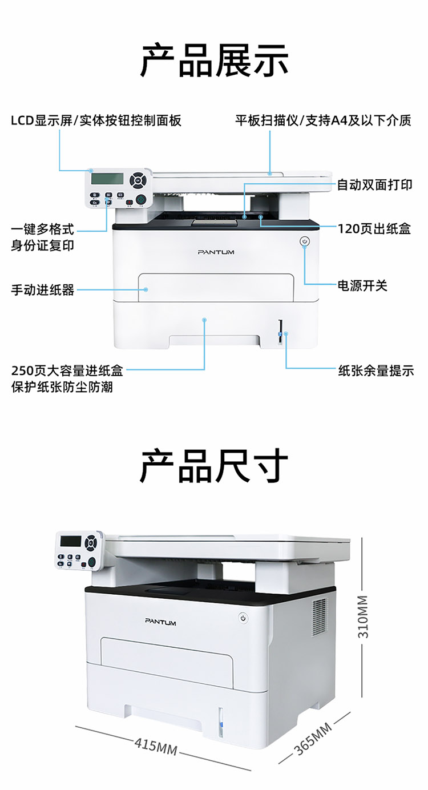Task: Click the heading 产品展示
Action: point(214,61)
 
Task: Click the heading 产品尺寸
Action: point(214,466)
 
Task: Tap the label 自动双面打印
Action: point(375,185)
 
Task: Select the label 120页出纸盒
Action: point(374,229)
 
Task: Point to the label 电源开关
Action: point(362,285)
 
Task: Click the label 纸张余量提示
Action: point(376,370)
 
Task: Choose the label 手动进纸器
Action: point(43,290)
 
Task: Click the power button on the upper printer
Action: point(305,241)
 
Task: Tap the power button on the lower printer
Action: point(243,618)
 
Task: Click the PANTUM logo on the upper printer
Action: point(216,252)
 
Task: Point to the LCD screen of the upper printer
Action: point(107,179)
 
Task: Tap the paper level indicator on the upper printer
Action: point(280,332)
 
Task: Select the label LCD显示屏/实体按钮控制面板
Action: point(96,120)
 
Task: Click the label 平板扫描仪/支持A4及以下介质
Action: point(324,120)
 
